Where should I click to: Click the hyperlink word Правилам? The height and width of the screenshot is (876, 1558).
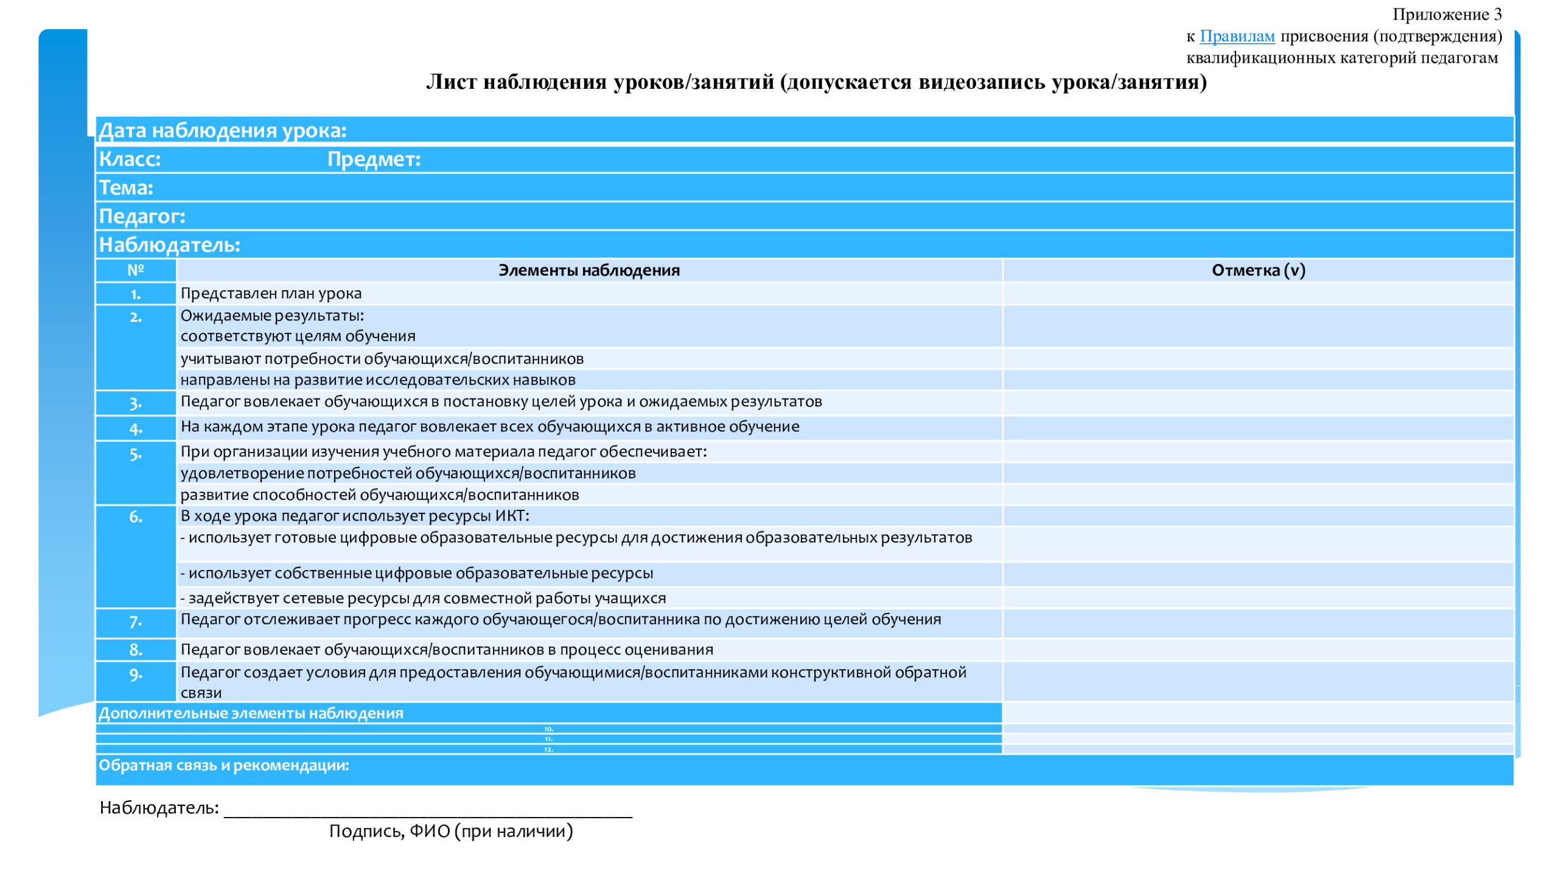(x=1237, y=36)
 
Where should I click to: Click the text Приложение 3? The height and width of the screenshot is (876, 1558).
(x=1447, y=14)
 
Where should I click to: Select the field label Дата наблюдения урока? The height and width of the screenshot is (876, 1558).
(x=223, y=130)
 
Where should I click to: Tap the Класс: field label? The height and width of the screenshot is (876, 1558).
(x=130, y=159)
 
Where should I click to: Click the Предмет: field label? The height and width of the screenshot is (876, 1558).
(x=374, y=159)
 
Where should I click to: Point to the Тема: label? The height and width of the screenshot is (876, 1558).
(x=126, y=187)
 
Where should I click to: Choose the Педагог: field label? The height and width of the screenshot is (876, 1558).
(x=142, y=216)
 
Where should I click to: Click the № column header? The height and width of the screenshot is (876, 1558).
(x=135, y=270)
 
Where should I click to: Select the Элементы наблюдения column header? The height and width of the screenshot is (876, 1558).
(x=589, y=270)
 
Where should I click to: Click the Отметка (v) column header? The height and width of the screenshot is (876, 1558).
(x=1258, y=270)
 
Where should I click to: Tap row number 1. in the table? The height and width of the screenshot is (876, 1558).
(x=135, y=294)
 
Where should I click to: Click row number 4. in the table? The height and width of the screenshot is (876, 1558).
(x=135, y=429)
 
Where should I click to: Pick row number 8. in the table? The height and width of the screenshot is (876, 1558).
(x=135, y=650)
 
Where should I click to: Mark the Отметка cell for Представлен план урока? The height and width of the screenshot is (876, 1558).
(x=1258, y=294)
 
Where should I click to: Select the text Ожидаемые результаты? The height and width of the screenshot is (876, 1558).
(x=272, y=315)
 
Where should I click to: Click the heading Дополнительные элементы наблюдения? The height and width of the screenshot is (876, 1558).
(x=251, y=713)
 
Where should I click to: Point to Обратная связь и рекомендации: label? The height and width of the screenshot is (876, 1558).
(x=224, y=765)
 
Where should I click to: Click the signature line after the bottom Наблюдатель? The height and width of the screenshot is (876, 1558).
(x=428, y=812)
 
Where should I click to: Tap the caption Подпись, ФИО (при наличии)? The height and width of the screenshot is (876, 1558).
(x=451, y=831)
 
